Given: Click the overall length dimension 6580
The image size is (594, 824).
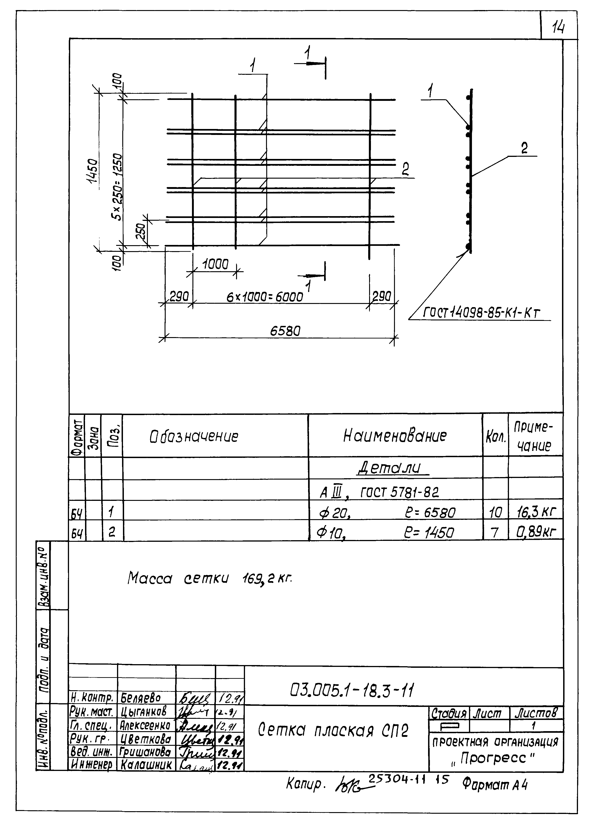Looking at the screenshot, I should click(285, 331).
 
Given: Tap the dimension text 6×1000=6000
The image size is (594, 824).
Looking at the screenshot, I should click(265, 297).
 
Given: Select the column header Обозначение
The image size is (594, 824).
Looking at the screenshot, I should click(194, 436).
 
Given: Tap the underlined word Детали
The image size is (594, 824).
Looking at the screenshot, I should click(392, 468).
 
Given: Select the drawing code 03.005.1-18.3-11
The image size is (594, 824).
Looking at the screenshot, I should click(352, 690).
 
